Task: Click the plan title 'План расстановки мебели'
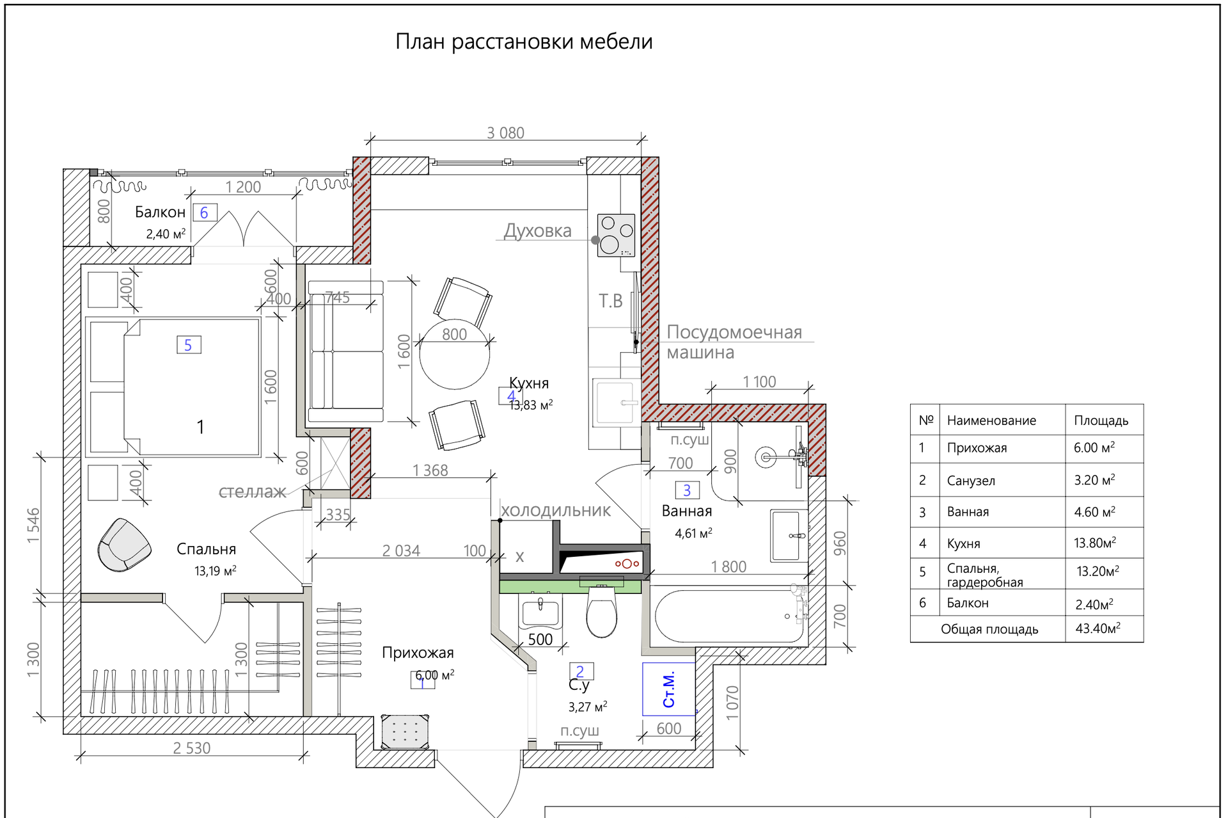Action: tap(524, 42)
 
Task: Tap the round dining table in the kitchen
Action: tap(454, 354)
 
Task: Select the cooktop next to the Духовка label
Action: tap(616, 235)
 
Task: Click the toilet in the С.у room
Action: tap(601, 613)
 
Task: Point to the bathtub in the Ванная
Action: tap(729, 616)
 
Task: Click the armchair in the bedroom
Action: tap(124, 545)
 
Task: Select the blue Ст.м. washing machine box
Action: tap(669, 689)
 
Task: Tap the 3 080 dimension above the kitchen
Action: tap(505, 133)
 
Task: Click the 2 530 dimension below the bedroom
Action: tap(191, 748)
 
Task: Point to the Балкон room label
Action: tap(160, 213)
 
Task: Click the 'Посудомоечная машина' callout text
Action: tap(734, 342)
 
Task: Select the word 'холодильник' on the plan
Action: tap(555, 511)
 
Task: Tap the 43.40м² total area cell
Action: tap(1098, 629)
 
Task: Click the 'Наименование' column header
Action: tap(991, 421)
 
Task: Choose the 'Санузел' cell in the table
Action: tap(971, 481)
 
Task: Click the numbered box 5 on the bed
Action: tap(189, 345)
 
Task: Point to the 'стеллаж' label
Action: tap(252, 492)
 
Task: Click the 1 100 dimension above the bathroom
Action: tap(759, 382)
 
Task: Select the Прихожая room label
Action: tap(418, 653)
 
